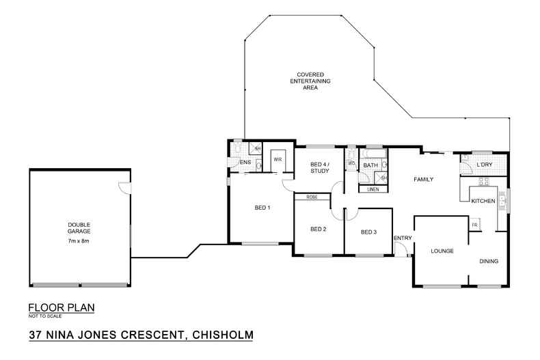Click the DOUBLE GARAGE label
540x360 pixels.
tap(79, 228)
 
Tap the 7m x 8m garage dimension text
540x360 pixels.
tap(79, 241)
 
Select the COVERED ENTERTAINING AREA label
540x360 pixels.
tap(310, 81)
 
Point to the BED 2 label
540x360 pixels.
tap(318, 229)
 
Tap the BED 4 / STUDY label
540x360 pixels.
tap(319, 168)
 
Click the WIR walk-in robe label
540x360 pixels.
tap(278, 160)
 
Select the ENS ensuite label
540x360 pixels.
tap(244, 163)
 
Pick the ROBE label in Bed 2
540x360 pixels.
tap(312, 197)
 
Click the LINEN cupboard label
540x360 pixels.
tap(373, 189)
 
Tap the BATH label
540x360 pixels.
tap(370, 165)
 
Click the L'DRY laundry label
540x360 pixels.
tap(485, 165)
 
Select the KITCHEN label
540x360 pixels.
tap(483, 201)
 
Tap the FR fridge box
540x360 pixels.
tap(474, 225)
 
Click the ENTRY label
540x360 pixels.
tap(401, 238)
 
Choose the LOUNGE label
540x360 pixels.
tap(442, 251)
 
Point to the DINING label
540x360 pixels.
tap(488, 261)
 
